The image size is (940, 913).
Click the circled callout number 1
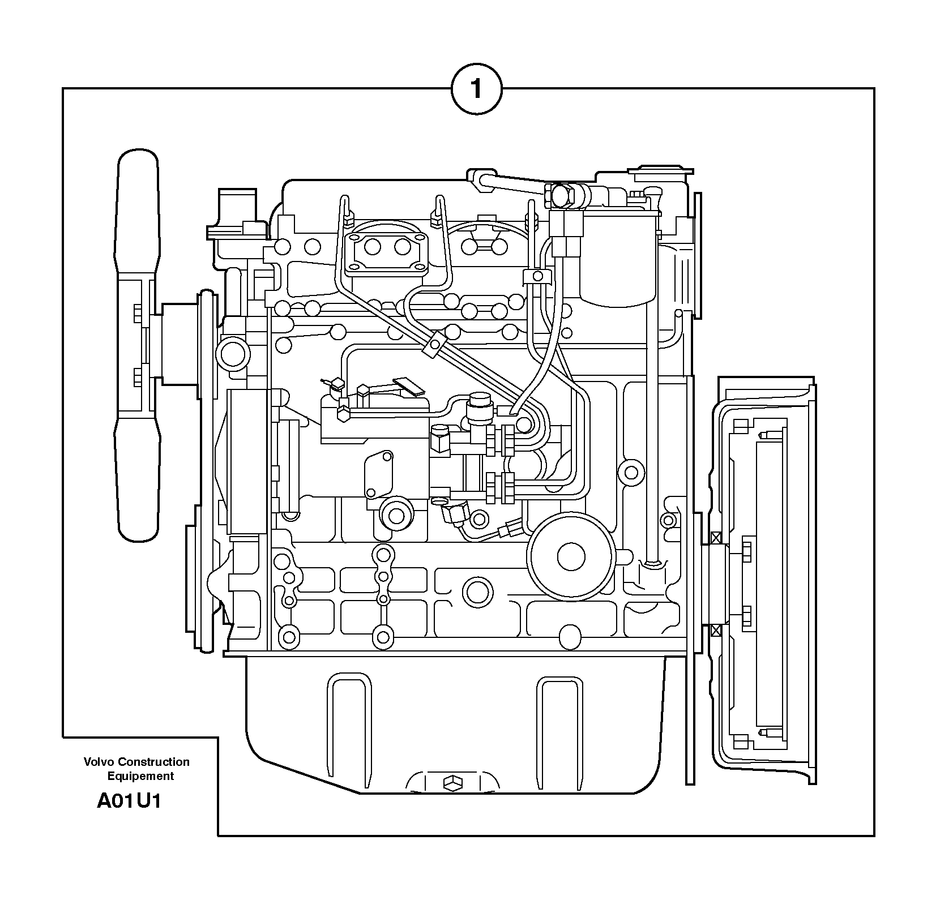[x=476, y=89]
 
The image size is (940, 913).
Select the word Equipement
[x=140, y=776]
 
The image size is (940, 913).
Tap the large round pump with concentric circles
[x=570, y=556]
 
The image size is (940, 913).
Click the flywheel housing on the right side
[x=764, y=580]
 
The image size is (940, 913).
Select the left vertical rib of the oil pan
[x=349, y=719]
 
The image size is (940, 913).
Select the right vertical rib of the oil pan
[x=559, y=719]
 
